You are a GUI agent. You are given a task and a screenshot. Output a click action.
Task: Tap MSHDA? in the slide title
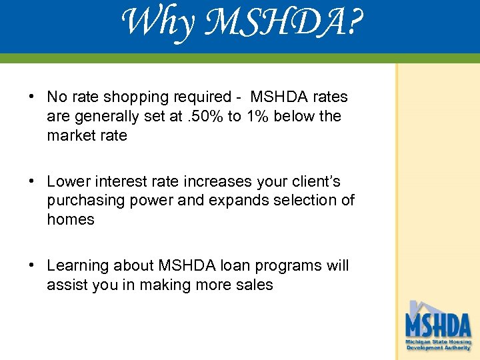click(x=279, y=23)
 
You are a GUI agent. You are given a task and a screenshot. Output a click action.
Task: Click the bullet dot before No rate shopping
click(x=32, y=97)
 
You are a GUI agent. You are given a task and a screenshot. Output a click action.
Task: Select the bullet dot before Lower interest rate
click(x=32, y=181)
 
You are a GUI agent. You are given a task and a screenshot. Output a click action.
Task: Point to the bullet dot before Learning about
click(x=32, y=265)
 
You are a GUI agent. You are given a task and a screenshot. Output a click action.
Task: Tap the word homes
click(x=71, y=219)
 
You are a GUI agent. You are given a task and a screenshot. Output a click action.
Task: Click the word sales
click(x=253, y=285)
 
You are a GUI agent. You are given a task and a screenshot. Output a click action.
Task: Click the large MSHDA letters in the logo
click(x=438, y=327)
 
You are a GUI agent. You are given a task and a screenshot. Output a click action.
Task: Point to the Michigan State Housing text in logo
click(x=439, y=341)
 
